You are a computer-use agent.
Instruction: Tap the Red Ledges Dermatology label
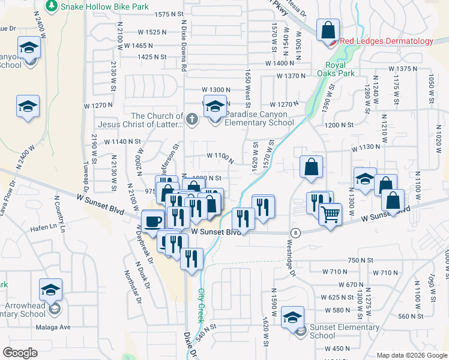[x=386, y=41]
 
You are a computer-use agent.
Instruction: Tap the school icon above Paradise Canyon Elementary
[x=214, y=106]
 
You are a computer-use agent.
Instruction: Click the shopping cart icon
[x=330, y=214]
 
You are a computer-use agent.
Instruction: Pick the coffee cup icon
[x=152, y=221]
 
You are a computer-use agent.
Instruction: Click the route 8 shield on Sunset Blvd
[x=295, y=232]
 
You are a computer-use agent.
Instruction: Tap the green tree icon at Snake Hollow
[x=53, y=6]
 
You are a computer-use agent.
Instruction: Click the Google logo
[x=20, y=353]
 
